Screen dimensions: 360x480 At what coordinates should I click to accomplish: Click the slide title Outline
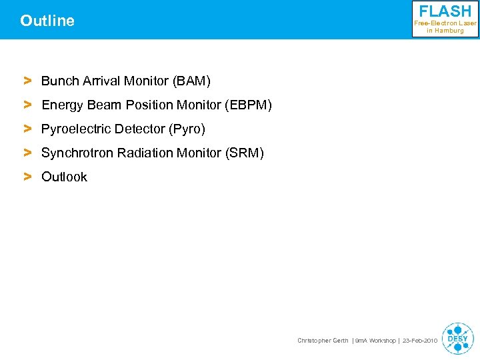47,21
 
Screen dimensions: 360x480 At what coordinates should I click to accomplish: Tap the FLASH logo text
445,11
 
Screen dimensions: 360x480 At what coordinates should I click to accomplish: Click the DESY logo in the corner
457,339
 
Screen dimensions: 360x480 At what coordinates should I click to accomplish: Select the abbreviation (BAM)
191,81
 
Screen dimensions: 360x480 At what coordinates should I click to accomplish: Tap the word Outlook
64,177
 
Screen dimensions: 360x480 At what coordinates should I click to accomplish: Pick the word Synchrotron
77,153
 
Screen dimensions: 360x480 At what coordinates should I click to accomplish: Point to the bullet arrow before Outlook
28,177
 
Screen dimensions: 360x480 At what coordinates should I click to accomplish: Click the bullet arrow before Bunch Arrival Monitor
28,81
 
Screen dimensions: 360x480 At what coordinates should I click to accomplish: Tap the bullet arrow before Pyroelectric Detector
28,129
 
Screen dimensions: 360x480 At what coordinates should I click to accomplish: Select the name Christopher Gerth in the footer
323,341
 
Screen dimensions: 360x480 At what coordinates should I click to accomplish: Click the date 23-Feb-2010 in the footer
420,341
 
